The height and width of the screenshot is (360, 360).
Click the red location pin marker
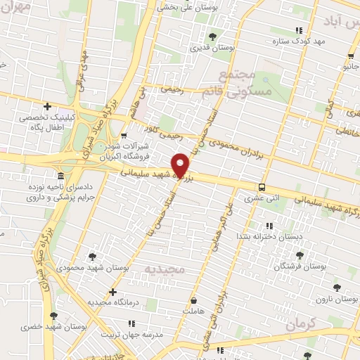(181, 164)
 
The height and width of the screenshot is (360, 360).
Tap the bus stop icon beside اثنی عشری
(262, 187)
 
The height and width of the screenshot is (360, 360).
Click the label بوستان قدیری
(212, 49)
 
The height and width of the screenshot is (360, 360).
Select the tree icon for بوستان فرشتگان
(300, 255)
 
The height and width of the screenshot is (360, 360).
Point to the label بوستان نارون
(337, 300)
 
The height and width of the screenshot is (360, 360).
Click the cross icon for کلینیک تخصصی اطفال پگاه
(47, 107)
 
